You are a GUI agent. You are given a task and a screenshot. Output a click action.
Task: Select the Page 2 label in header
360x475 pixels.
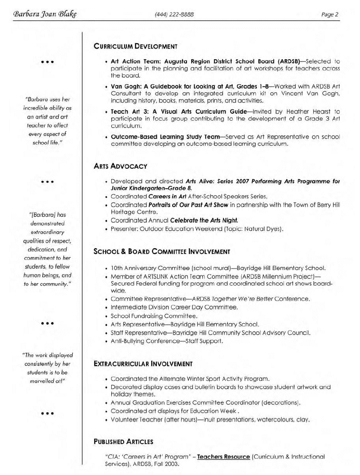329,15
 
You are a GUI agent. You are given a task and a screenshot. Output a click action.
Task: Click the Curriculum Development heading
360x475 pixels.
135,46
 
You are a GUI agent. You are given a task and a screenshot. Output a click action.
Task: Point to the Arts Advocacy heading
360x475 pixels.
120,166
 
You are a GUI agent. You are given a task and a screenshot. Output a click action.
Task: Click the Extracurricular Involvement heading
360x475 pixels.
143,364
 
